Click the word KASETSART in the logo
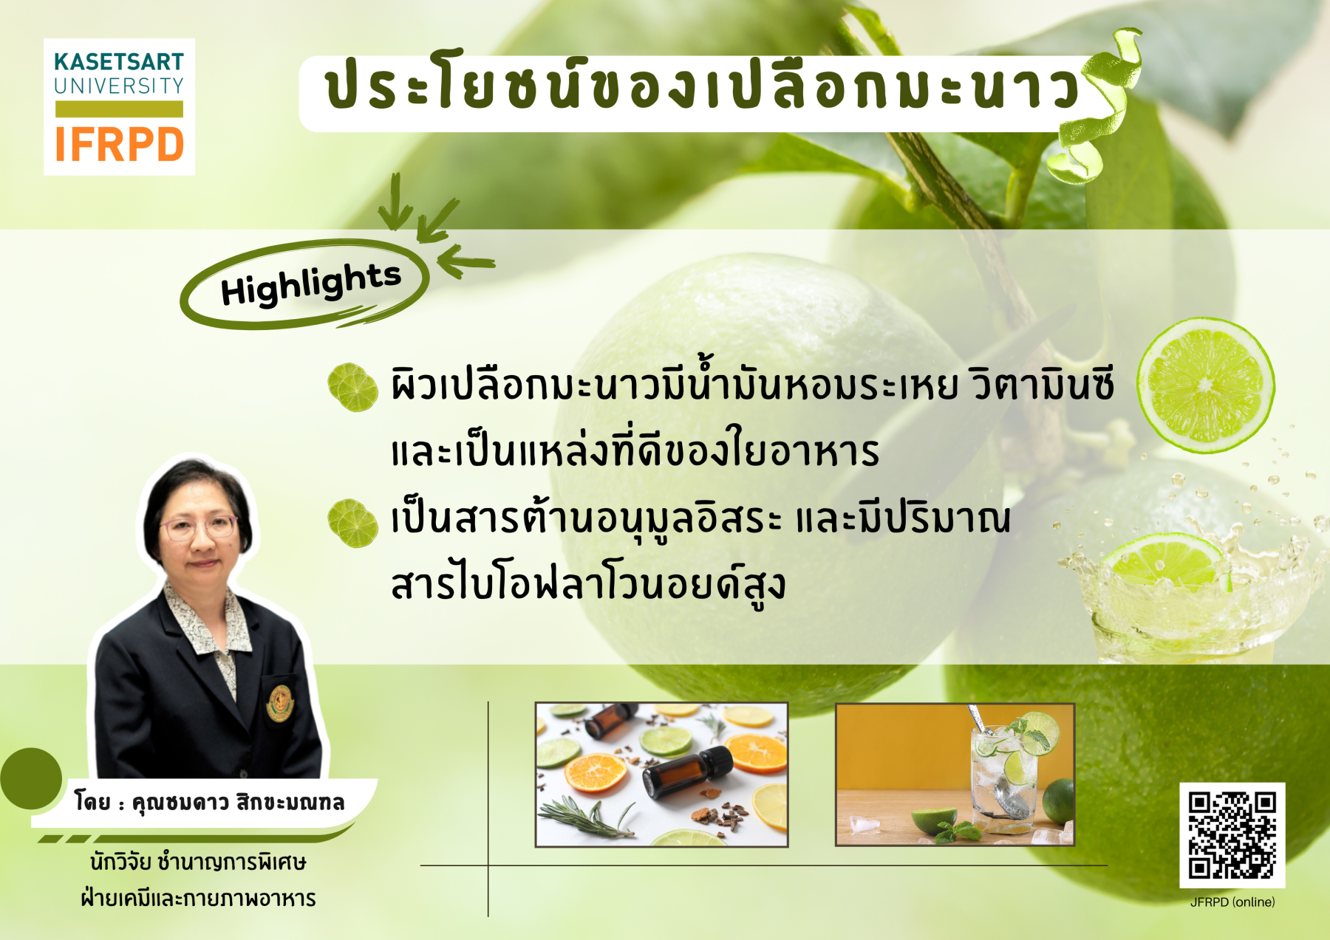point(119,61)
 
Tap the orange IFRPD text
point(119,144)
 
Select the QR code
point(1232,835)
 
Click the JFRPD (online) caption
point(1232,902)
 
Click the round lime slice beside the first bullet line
point(1205,385)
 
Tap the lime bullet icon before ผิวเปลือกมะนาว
point(352,387)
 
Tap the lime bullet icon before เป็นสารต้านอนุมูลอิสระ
point(352,523)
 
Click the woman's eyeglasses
point(198,527)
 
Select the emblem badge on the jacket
point(279,703)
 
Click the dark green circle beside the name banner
point(31,778)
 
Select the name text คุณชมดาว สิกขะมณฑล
point(238,802)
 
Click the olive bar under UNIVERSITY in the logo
point(119,109)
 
